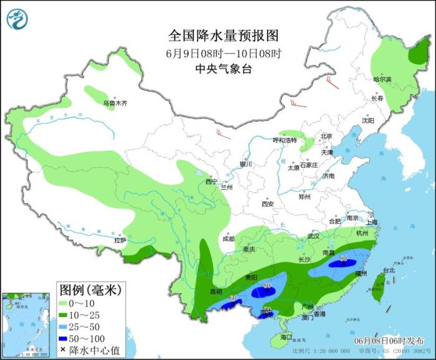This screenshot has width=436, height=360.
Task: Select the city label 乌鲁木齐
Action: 115,103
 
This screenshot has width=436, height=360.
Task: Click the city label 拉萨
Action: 120,240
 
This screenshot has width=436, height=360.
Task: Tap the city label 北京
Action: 326,136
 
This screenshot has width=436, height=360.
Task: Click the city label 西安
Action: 268,204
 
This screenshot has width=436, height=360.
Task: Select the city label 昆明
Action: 215,291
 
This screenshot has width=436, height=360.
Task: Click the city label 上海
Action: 372,222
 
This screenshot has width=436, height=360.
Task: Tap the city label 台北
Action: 389,270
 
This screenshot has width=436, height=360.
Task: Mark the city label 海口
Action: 286,337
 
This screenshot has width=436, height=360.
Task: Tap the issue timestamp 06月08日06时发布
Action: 389,341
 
